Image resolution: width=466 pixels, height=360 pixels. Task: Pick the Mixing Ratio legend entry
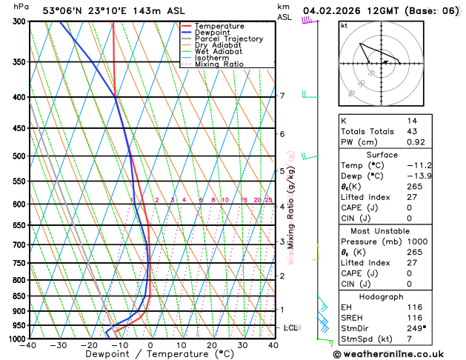point(219,64)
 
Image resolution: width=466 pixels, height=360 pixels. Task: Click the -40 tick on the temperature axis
point(29,345)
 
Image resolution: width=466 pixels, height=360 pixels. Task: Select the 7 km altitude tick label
point(282,96)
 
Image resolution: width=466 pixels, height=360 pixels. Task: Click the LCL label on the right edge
point(291,327)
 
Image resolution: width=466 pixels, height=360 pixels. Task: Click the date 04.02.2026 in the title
point(333,11)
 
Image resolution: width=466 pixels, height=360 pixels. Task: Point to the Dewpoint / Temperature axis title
point(150,354)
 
